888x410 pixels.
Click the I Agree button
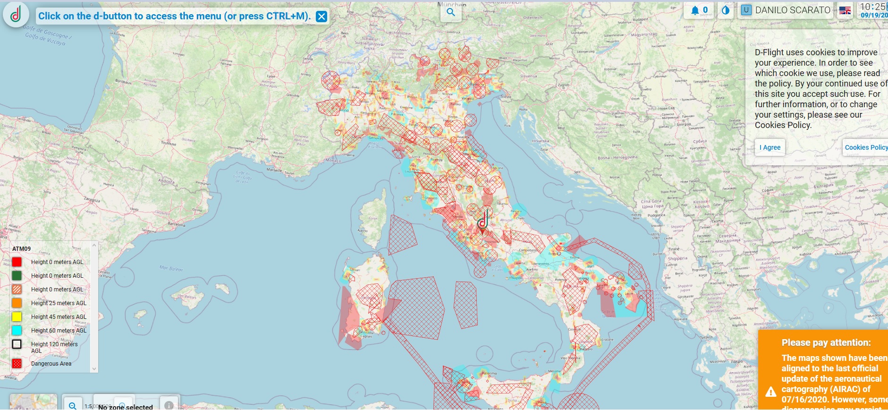tap(770, 147)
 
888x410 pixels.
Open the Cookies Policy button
tap(866, 147)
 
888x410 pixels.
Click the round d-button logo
tap(16, 15)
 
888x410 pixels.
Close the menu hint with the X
tap(321, 17)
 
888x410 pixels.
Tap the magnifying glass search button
tap(451, 12)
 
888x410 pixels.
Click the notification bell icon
tap(695, 10)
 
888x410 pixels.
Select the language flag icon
tap(845, 10)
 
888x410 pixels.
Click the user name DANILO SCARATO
tap(792, 10)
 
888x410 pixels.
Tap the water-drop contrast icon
tap(726, 10)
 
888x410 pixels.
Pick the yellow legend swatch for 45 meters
tap(17, 316)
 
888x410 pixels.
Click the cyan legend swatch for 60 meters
tap(17, 330)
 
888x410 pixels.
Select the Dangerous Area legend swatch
tap(17, 363)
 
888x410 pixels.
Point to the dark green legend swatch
tap(17, 275)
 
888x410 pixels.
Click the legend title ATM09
tap(21, 248)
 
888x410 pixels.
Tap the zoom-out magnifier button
tap(73, 405)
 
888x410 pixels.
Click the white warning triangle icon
tap(770, 392)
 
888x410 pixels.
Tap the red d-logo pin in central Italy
tap(482, 222)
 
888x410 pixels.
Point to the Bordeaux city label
tap(123, 81)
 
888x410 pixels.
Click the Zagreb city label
tap(564, 85)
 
